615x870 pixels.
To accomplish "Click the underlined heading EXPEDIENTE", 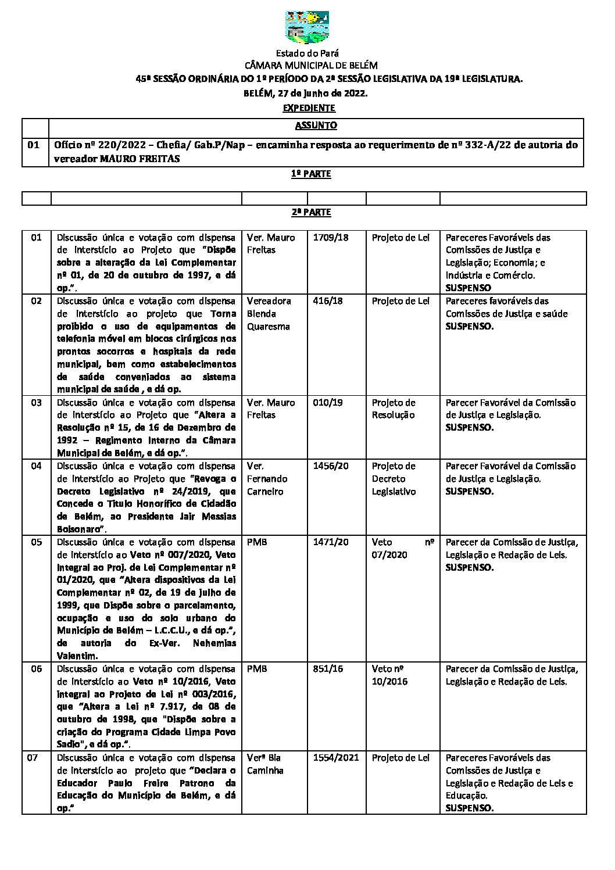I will tap(309, 108).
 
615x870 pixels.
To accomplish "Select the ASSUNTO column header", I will tap(316, 125).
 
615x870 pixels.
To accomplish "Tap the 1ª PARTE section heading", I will tap(311, 174).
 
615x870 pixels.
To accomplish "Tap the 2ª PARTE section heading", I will tap(311, 212).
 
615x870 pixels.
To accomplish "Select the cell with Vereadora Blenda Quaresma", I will tap(269, 314).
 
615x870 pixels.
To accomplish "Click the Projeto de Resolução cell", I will tap(394, 409).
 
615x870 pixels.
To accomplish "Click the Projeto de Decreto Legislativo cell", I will tap(394, 479).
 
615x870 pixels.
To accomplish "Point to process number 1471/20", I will tap(331, 542).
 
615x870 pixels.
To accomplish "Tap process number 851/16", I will tap(328, 669).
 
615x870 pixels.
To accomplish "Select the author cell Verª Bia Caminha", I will tap(265, 764).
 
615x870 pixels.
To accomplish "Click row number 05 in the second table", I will tap(36, 542).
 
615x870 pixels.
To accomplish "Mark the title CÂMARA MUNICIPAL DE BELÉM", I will tap(311, 66).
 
